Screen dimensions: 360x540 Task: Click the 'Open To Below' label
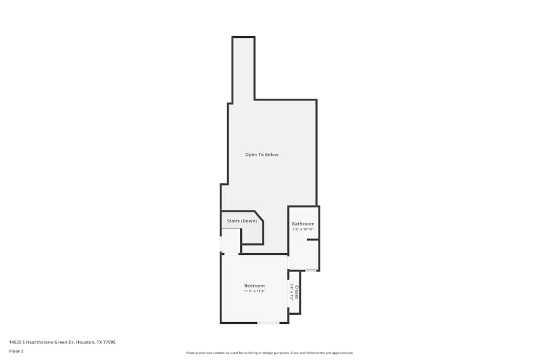pyautogui.click(x=262, y=155)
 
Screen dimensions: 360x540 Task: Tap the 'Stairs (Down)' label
pyautogui.click(x=241, y=221)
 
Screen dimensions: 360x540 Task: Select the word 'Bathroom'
pyautogui.click(x=303, y=224)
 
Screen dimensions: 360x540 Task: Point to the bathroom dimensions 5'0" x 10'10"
pyautogui.click(x=303, y=229)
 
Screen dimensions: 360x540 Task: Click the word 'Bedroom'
pyautogui.click(x=254, y=286)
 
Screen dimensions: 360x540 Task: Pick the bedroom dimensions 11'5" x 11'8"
pyautogui.click(x=254, y=291)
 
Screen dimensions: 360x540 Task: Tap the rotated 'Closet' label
pyautogui.click(x=296, y=292)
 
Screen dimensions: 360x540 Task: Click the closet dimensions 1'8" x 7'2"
pyautogui.click(x=292, y=292)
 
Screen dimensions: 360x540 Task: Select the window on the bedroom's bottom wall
pyautogui.click(x=268, y=323)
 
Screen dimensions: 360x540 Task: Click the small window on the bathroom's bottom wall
pyautogui.click(x=310, y=270)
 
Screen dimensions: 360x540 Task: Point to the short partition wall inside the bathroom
pyautogui.click(x=313, y=239)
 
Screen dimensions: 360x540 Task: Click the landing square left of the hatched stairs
pyautogui.click(x=231, y=241)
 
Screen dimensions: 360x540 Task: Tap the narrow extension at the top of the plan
pyautogui.click(x=243, y=67)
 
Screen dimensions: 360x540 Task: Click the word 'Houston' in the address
pyautogui.click(x=84, y=342)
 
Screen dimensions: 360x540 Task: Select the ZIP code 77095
pyautogui.click(x=110, y=342)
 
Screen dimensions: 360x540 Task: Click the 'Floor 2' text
pyautogui.click(x=16, y=351)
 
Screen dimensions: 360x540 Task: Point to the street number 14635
pyautogui.click(x=15, y=342)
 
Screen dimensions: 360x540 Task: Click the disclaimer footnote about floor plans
pyautogui.click(x=270, y=353)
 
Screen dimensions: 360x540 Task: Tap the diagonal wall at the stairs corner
pyautogui.click(x=259, y=216)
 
